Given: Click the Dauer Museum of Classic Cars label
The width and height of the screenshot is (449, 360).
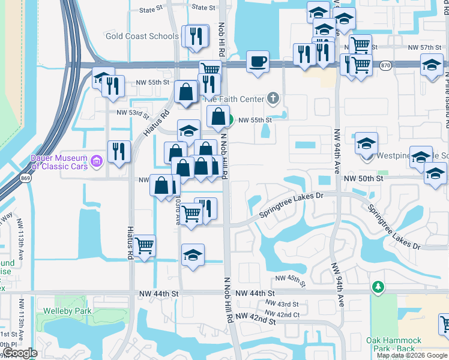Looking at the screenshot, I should pos(59,162).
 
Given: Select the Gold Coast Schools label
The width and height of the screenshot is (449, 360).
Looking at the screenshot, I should pos(142,36).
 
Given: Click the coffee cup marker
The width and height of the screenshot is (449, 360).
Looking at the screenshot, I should pos(258,61).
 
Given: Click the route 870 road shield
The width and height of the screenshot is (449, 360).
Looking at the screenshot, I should pos(385,65).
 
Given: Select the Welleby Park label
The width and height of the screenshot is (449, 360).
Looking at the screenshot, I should pos(67,311).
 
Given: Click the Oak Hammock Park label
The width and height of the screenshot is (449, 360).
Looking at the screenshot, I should pos(394,344).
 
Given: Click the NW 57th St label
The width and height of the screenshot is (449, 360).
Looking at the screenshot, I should pos(424,47).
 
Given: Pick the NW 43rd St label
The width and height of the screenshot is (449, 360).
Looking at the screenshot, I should pos(279,304).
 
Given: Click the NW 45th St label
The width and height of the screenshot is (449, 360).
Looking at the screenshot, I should pos(291,280).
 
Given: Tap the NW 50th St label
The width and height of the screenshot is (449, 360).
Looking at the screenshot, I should pos(363,179).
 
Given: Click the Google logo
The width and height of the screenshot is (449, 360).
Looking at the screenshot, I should pos(20,353).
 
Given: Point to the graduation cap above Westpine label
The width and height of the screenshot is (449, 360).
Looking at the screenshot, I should pos(366,143).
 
